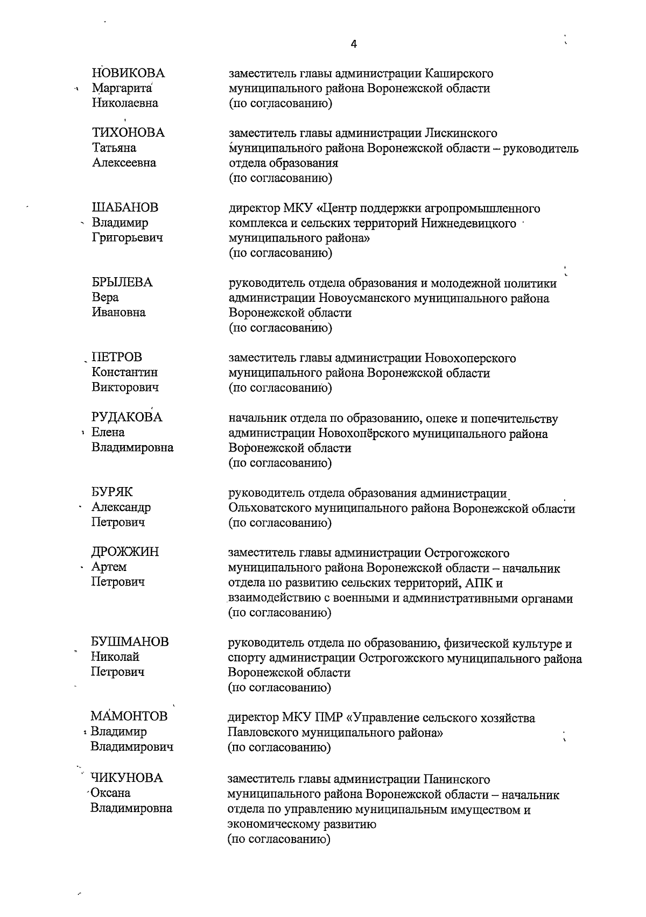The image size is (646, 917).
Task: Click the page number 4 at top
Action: [354, 45]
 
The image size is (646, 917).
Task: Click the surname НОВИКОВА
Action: [129, 73]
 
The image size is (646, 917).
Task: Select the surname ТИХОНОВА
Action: [128, 133]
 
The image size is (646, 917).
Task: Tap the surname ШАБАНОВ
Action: [125, 208]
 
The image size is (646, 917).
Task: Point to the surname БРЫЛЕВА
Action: [122, 283]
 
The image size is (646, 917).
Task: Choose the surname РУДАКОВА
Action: [127, 418]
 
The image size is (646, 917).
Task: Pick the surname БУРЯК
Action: [112, 492]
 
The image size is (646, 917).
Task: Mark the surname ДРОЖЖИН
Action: [125, 552]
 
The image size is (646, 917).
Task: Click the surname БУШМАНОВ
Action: [130, 642]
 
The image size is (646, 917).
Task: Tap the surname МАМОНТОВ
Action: [129, 716]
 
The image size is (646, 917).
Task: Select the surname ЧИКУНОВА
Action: [127, 778]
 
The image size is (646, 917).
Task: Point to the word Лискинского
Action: [461, 133]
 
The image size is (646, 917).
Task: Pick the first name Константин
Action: [124, 372]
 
